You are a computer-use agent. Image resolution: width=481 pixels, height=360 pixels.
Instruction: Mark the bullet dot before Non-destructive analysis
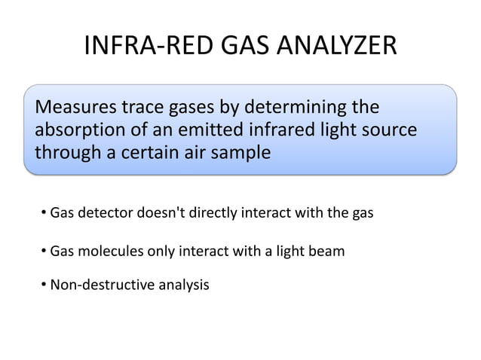44,285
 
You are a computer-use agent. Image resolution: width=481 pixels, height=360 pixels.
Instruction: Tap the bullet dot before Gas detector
44,214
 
